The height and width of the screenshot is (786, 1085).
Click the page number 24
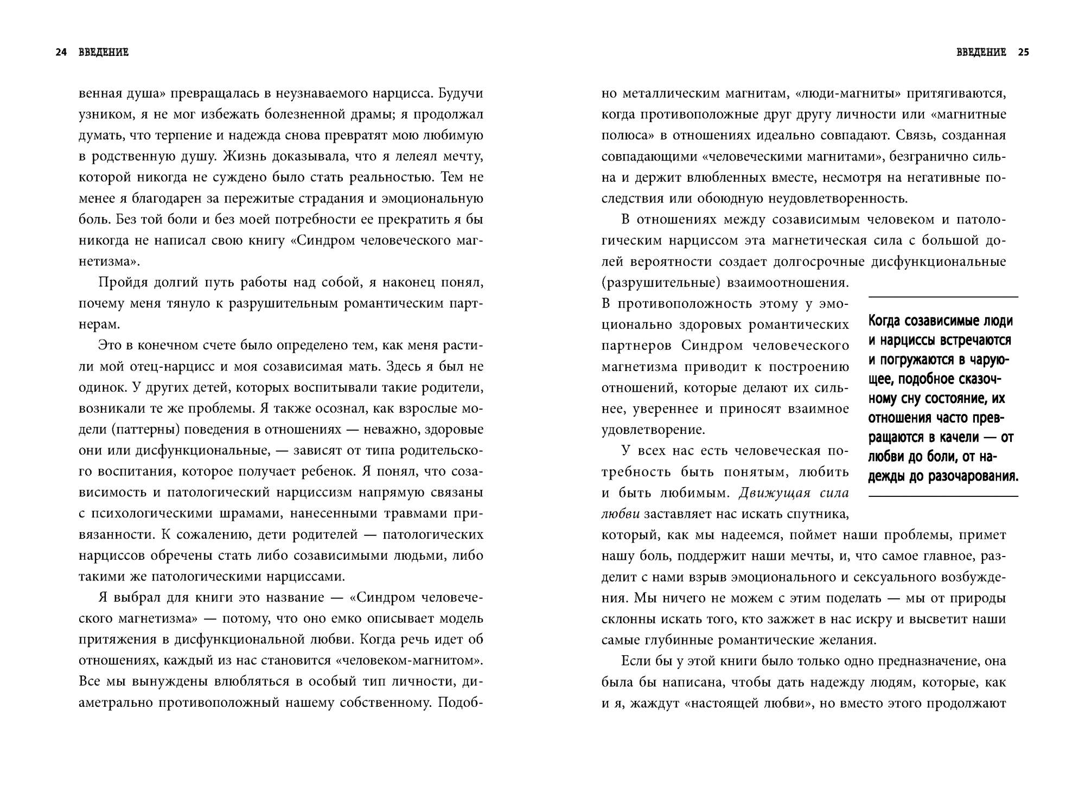[61, 53]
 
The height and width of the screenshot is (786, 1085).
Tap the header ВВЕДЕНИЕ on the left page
[103, 53]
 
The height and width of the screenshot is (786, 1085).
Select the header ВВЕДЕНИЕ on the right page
[981, 53]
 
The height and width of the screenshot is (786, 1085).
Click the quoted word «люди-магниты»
[848, 94]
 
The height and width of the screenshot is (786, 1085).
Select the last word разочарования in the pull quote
[974, 477]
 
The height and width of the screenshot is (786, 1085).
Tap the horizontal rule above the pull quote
[943, 297]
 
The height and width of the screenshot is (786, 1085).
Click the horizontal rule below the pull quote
[943, 496]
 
